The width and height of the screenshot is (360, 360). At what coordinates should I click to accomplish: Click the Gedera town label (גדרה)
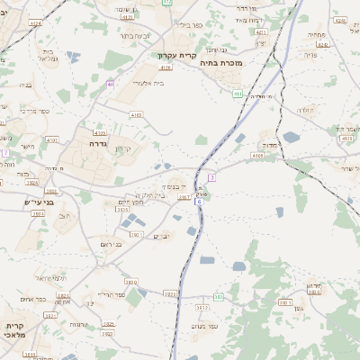98,143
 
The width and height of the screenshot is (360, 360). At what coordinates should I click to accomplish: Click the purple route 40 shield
110,85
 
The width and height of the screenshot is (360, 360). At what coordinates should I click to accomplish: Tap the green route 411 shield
237,93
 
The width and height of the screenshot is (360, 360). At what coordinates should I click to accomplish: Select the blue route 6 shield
198,201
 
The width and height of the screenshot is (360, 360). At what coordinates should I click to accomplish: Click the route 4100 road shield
136,115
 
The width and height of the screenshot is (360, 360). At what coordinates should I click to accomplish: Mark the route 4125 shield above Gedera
99,132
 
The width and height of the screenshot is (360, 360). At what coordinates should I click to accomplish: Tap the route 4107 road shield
52,140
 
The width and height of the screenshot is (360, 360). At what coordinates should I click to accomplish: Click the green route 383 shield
218,297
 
